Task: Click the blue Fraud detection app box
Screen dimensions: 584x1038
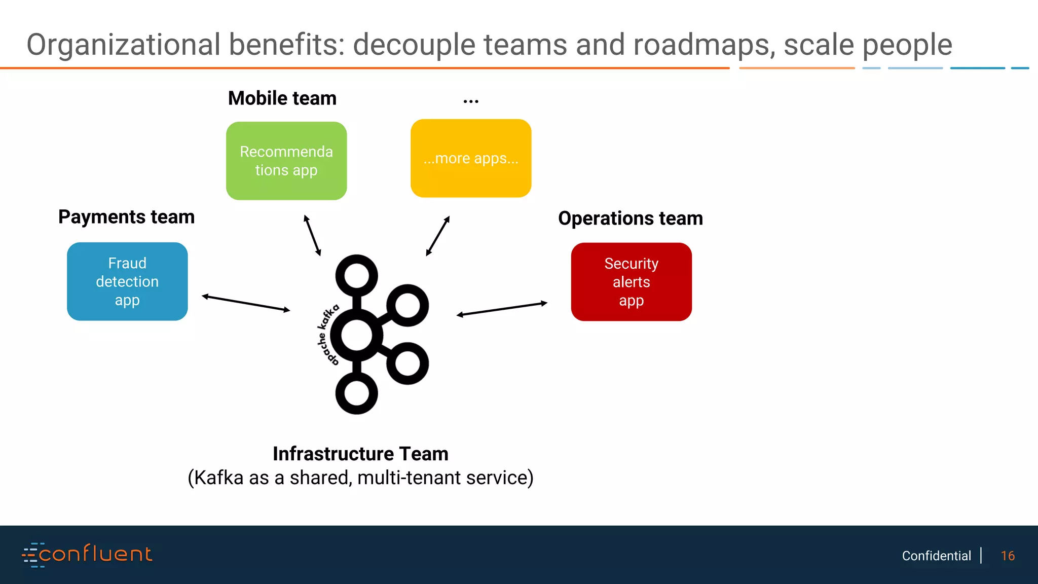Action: pyautogui.click(x=127, y=281)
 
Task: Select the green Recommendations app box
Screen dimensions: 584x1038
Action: pyautogui.click(x=286, y=161)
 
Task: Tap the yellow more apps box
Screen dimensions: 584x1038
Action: pyautogui.click(x=471, y=158)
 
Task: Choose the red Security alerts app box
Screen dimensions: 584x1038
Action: pyautogui.click(x=631, y=282)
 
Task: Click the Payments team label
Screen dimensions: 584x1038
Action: pyautogui.click(x=126, y=217)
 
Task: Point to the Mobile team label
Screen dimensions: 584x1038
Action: pyautogui.click(x=282, y=98)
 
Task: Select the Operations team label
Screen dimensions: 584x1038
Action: pyautogui.click(x=631, y=218)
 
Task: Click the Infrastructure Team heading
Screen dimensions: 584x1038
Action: pyautogui.click(x=360, y=454)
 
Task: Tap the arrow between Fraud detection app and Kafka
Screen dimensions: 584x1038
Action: pyautogui.click(x=246, y=303)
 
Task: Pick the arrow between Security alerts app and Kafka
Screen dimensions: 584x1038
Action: pyautogui.click(x=502, y=309)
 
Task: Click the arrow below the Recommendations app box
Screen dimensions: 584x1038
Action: pyautogui.click(x=312, y=236)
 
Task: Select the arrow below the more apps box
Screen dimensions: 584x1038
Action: pyautogui.click(x=438, y=236)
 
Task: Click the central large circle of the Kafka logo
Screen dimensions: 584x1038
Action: pyautogui.click(x=357, y=335)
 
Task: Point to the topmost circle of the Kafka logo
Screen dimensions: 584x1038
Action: pyautogui.click(x=357, y=276)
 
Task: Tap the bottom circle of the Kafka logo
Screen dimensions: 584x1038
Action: pyautogui.click(x=357, y=394)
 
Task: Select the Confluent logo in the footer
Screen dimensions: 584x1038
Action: pyautogui.click(x=87, y=554)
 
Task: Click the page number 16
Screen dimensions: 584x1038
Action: pyautogui.click(x=1008, y=556)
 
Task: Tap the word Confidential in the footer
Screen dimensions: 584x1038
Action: pyautogui.click(x=936, y=556)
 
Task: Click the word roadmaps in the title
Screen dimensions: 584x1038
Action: pyautogui.click(x=704, y=45)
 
